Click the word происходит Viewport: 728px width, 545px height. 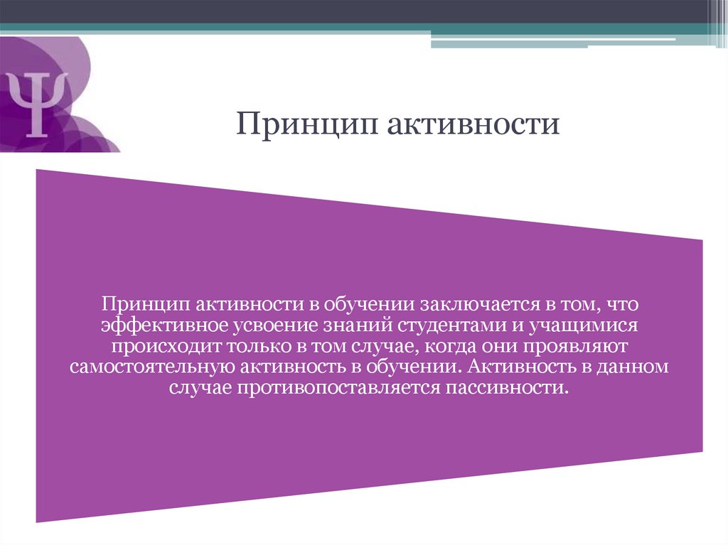pos(165,347)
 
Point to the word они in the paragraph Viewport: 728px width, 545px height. pos(488,347)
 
